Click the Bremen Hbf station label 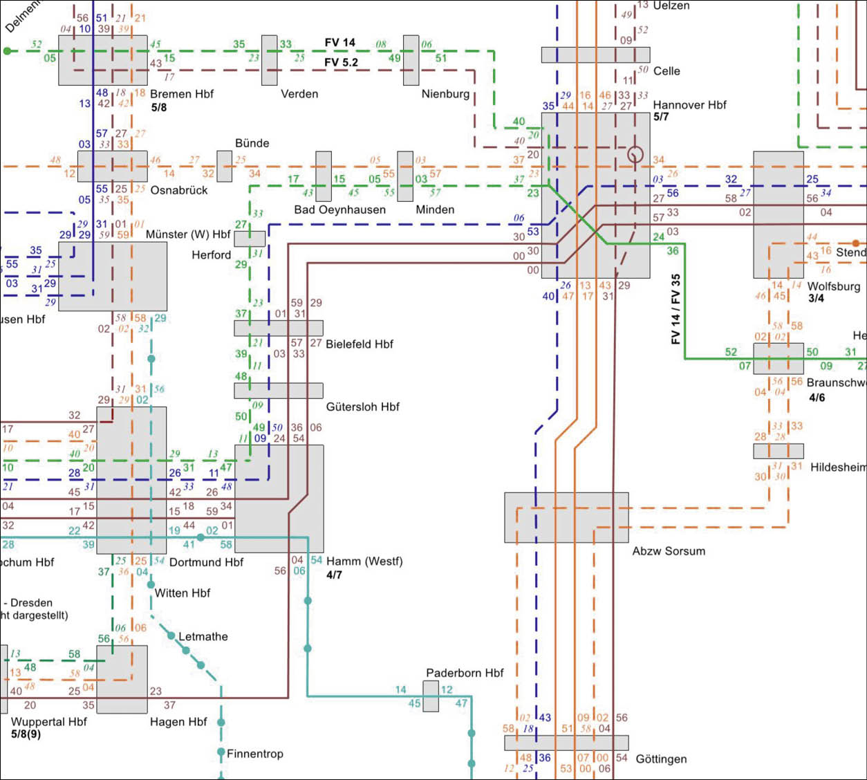182,94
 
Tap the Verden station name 299,94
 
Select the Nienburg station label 445,94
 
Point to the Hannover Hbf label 689,105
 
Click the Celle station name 666,71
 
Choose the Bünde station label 252,143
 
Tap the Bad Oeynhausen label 339,210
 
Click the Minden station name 435,210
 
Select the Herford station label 211,255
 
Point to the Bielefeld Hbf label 359,344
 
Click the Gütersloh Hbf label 362,407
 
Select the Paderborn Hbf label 465,673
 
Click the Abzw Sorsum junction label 669,551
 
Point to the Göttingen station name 661,759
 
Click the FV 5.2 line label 341,63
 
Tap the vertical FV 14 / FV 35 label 675,309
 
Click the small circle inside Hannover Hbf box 635,155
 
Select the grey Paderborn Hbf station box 431,696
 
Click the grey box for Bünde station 224,166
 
